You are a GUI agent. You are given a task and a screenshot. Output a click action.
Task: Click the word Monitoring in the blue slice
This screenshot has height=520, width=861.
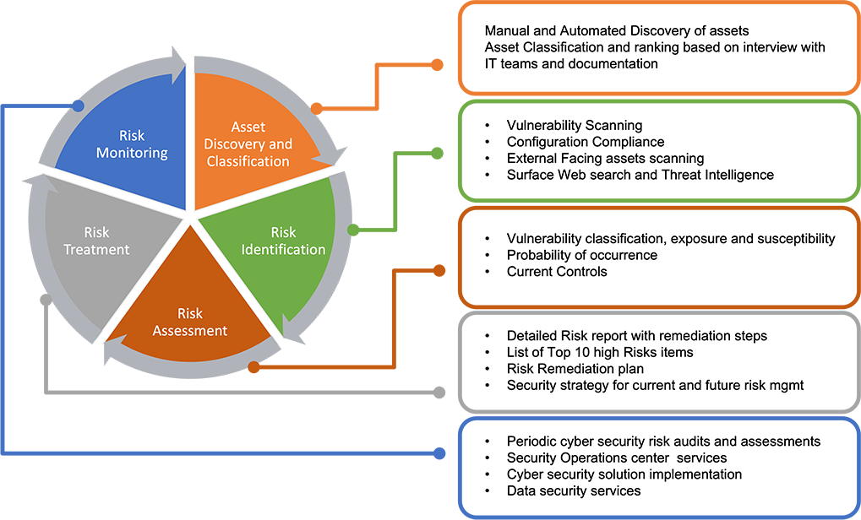[x=132, y=153]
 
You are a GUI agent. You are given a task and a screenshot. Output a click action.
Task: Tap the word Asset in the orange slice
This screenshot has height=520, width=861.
[x=248, y=127]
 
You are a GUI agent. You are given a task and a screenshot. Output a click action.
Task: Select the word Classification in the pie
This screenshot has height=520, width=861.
[x=248, y=161]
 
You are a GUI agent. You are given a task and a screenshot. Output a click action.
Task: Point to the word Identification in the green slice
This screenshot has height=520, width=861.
[x=284, y=249]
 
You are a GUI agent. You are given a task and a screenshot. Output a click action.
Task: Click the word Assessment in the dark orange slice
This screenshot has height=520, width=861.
[x=190, y=330]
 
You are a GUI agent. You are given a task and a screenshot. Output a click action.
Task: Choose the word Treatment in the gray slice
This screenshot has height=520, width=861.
[x=97, y=249]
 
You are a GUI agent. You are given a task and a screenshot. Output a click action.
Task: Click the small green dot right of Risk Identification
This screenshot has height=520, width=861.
[x=354, y=225]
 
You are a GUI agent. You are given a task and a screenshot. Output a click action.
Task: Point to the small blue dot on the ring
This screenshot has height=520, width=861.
[x=78, y=106]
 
